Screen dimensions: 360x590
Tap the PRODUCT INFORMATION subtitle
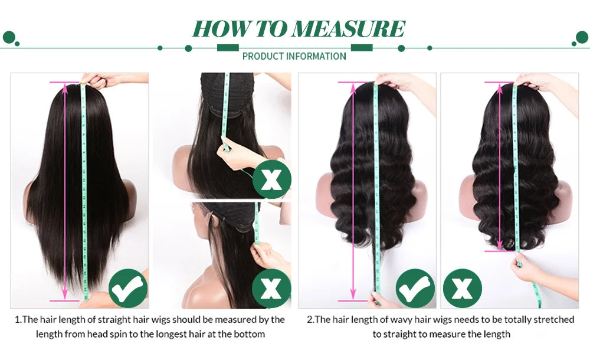point(294,56)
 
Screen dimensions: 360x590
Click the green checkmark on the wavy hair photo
point(415,288)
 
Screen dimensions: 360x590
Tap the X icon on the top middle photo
point(272,178)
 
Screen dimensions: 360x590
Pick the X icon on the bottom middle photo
point(271,288)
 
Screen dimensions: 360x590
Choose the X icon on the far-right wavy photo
point(463,288)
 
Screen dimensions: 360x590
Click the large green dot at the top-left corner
point(9,38)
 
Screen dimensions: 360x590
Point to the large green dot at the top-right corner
point(581,38)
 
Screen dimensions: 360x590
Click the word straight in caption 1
point(104,320)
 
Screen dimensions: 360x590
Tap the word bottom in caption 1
point(251,334)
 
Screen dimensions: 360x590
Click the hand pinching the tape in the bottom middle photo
point(263,255)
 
